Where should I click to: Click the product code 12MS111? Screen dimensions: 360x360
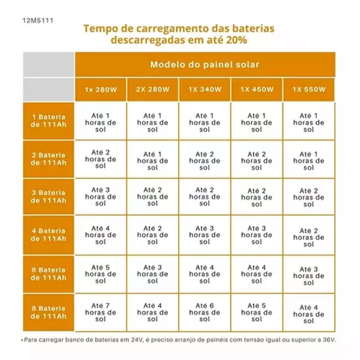38,20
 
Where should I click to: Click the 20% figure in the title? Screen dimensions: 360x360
236,40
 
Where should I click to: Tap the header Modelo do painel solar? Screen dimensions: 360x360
205,65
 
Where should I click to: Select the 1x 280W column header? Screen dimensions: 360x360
101,89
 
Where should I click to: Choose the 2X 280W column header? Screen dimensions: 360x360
152,89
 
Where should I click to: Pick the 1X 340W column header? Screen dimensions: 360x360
205,89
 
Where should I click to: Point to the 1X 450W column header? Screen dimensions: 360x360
257,89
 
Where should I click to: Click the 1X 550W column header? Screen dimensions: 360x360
309,89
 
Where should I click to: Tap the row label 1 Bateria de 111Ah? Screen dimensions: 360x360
49,121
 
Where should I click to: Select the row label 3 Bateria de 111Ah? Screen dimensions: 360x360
49,197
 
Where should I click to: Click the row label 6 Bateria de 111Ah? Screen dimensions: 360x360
49,274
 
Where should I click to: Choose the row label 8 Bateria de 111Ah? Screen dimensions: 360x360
49,312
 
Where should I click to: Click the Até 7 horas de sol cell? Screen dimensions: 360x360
101,312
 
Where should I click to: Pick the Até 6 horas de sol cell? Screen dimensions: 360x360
205,312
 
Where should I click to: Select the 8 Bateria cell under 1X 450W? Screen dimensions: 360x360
257,312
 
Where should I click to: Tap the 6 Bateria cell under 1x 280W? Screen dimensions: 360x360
101,274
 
